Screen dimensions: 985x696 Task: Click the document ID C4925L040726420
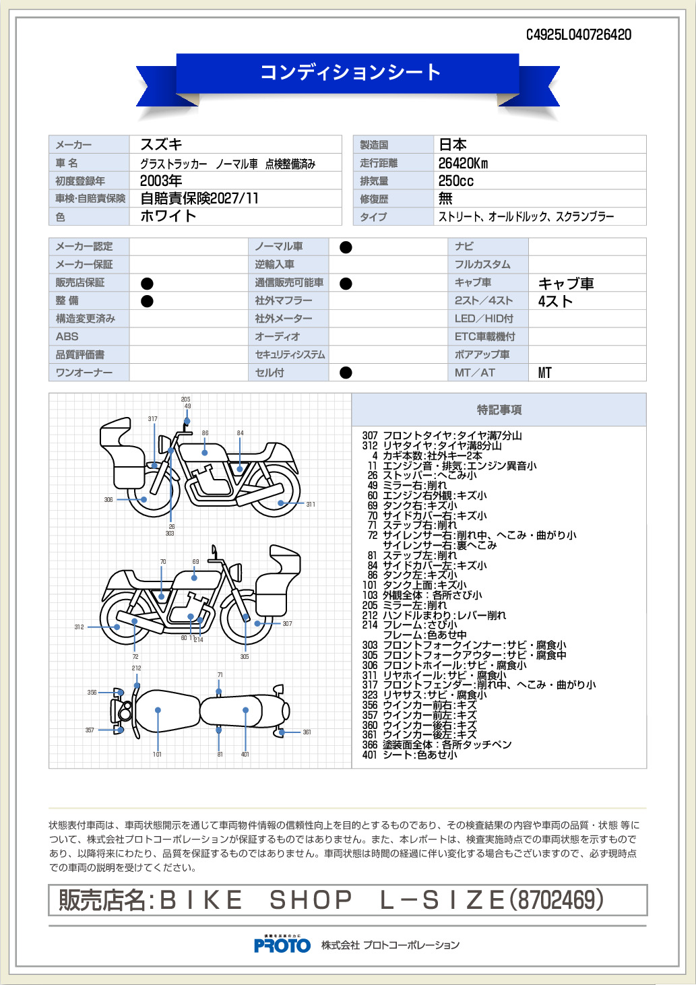click(578, 35)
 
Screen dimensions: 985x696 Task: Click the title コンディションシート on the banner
click(350, 72)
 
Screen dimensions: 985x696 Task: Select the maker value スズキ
click(161, 145)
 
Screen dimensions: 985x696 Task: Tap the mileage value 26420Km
click(463, 163)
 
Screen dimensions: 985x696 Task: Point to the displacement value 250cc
click(455, 181)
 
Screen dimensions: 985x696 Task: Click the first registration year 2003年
click(161, 181)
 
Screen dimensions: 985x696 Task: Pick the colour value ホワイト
click(168, 216)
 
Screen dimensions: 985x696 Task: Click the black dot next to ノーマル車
click(346, 247)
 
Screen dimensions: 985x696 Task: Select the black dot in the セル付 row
click(346, 373)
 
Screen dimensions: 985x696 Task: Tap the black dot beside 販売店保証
click(147, 283)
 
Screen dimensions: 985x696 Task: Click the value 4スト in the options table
click(555, 301)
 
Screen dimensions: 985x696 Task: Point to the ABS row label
click(67, 336)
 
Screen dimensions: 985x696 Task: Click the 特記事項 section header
click(499, 410)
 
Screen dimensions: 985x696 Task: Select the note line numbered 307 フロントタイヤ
click(442, 436)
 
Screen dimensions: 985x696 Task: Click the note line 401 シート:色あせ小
click(410, 755)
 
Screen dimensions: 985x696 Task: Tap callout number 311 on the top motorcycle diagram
click(311, 504)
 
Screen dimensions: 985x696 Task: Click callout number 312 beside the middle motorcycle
click(79, 627)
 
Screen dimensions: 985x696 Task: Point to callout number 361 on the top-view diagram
click(307, 732)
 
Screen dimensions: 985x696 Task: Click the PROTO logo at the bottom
click(282, 945)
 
